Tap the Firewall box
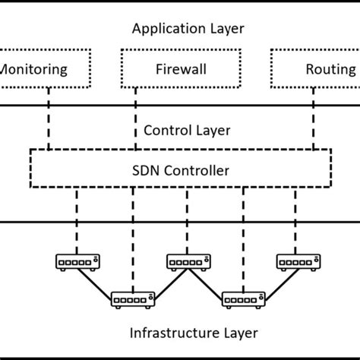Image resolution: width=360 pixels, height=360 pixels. pos(180,70)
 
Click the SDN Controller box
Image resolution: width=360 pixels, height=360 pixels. pos(180,170)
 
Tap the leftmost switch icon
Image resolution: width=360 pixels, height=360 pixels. pos(77,262)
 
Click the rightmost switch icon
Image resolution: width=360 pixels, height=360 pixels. pos(297,262)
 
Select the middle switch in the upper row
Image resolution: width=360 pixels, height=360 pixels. pos(187,262)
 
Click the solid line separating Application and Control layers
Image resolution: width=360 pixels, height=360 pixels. pos(180,106)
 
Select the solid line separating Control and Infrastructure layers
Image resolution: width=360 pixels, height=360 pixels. pos(180,222)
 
